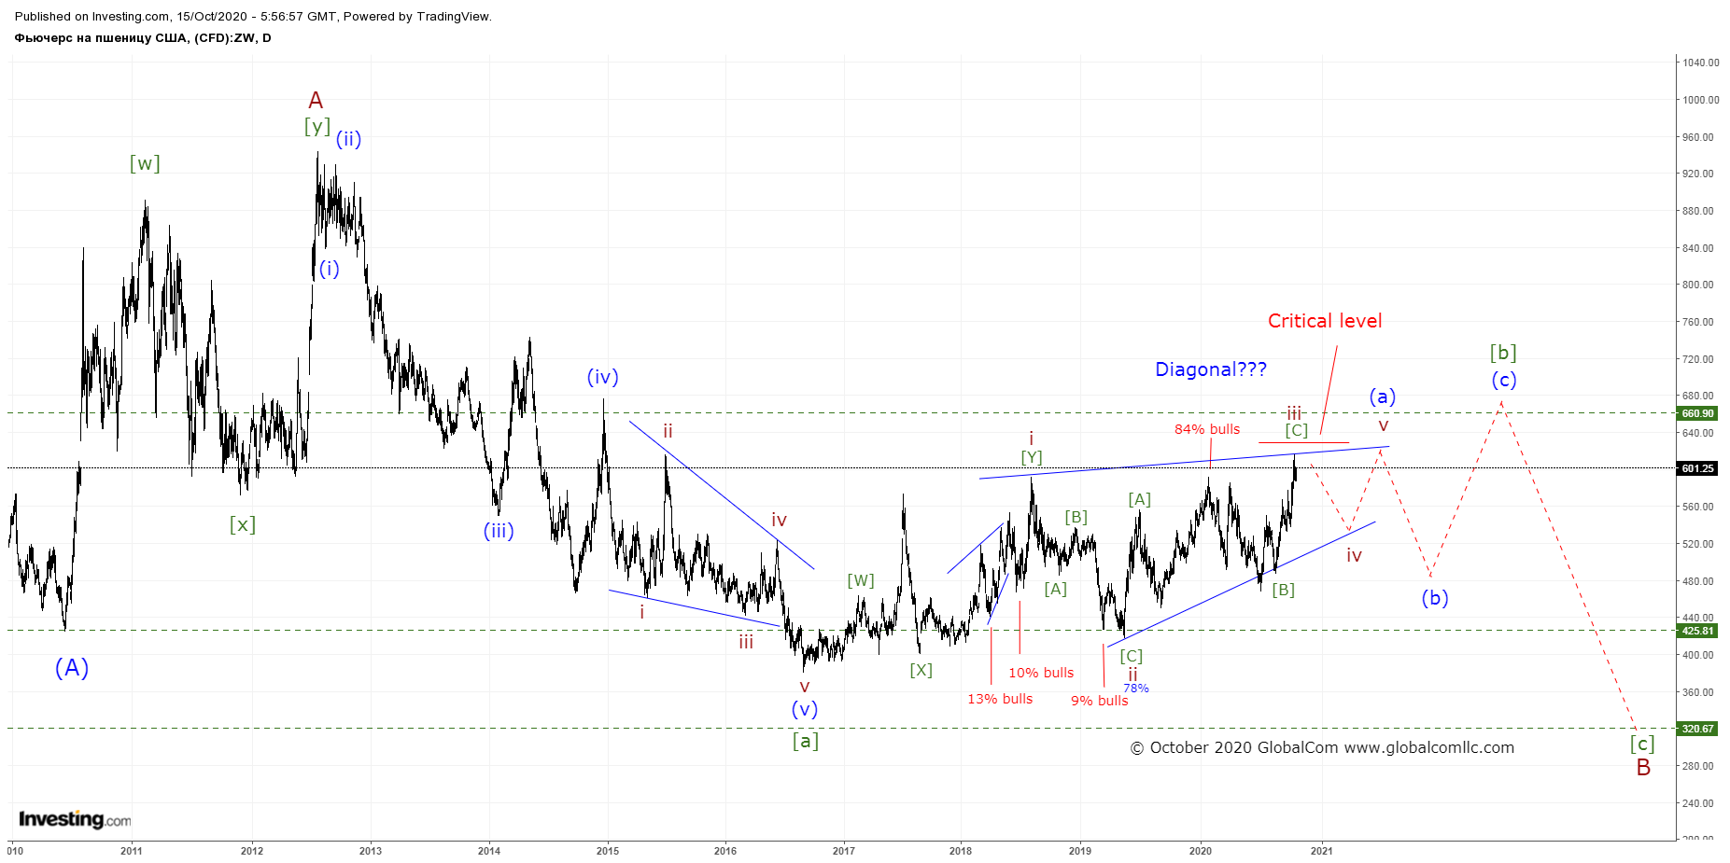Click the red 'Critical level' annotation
tap(1325, 321)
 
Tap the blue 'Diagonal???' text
tap(1211, 369)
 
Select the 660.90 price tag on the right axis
tap(1697, 413)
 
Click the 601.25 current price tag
tap(1697, 468)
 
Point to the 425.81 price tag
tap(1697, 631)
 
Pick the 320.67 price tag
tap(1697, 729)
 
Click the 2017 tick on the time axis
tap(843, 850)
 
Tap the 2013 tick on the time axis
tap(371, 850)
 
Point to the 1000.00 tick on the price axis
tap(1701, 100)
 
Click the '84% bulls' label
tap(1207, 429)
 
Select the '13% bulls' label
tap(1000, 699)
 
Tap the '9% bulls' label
tap(1099, 701)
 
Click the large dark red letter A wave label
tap(316, 100)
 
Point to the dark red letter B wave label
tap(1643, 767)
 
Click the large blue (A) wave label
tap(72, 668)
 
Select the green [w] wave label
tap(145, 163)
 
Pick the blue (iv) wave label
tap(602, 377)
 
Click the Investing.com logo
tap(75, 819)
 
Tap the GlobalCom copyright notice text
tap(1322, 747)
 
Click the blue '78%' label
tap(1136, 689)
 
